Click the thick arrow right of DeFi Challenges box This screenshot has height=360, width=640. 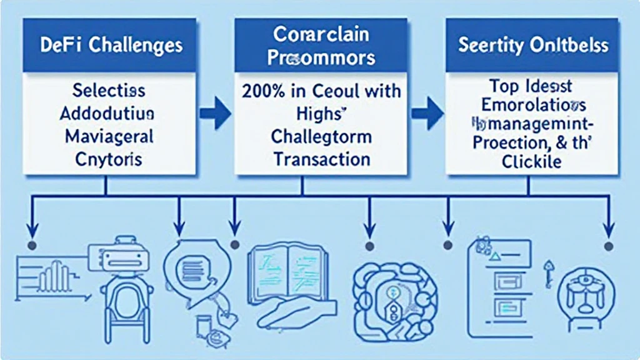(214, 114)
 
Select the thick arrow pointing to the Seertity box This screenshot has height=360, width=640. (427, 114)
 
